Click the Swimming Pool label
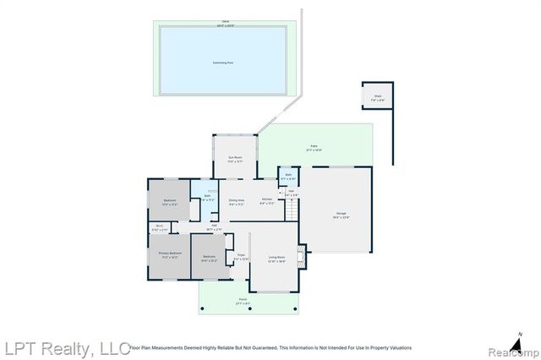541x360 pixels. point(223,63)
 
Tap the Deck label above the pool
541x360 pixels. point(224,23)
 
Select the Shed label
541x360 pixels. point(377,97)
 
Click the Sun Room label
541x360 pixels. point(234,159)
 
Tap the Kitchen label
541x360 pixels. point(266,201)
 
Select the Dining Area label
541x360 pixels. point(237,201)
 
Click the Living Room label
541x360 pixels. point(276,260)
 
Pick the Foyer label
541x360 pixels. point(241,256)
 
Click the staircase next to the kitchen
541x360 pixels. point(292,208)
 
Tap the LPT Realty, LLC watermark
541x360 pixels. point(65,347)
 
